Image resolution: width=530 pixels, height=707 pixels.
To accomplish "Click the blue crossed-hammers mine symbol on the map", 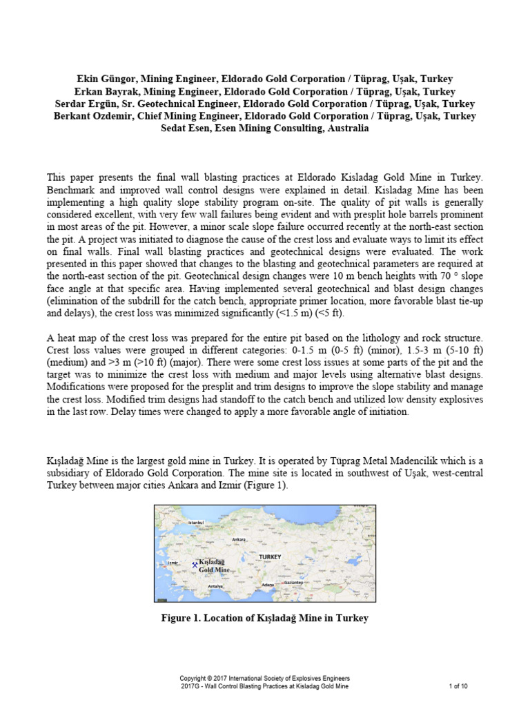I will point(194,563).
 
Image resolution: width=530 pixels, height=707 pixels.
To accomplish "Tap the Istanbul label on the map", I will point(197,523).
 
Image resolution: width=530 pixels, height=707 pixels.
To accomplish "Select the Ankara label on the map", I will point(239,539).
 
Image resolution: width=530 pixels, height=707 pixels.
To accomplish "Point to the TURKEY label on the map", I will point(271,556).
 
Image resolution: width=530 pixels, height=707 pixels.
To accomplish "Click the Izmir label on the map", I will point(173,563).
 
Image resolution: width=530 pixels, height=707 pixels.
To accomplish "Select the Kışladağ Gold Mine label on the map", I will point(213,567).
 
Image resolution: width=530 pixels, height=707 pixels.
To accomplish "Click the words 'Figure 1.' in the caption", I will point(182,618).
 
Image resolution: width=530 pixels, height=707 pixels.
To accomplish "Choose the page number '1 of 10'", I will point(458,686).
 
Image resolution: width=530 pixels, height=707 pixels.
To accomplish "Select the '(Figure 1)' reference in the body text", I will point(264,486).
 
